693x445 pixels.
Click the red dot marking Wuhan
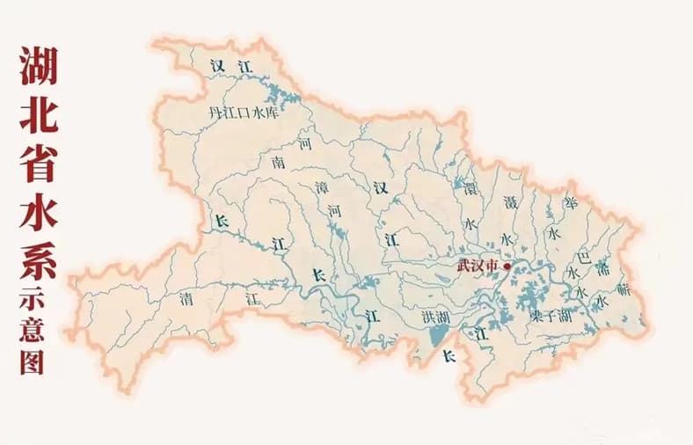tap(507, 266)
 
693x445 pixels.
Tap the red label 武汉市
tap(478, 265)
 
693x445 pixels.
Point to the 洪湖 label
tap(435, 317)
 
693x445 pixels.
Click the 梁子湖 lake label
tap(551, 316)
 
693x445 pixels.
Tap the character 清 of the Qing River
tap(186, 297)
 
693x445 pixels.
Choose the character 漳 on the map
tap(321, 188)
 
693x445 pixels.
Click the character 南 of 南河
tap(279, 163)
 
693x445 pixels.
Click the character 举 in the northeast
tap(572, 203)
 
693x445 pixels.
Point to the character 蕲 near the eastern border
tap(624, 287)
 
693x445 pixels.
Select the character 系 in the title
tap(38, 258)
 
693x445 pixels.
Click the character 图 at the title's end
tap(33, 361)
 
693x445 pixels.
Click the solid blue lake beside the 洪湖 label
tap(437, 337)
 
